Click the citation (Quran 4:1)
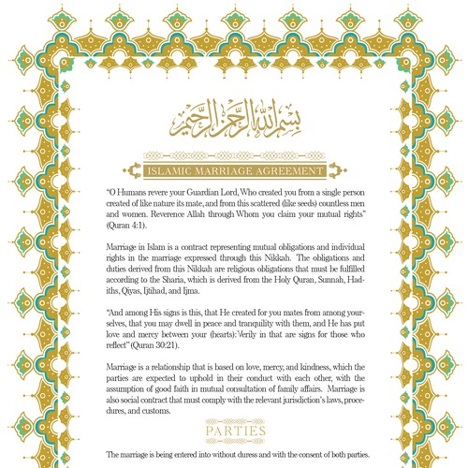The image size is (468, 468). tap(127, 227)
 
